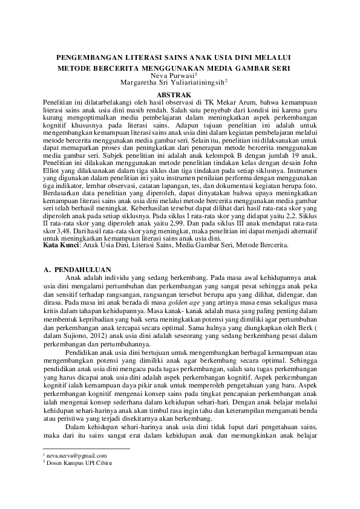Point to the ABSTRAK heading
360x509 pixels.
click(174, 96)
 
